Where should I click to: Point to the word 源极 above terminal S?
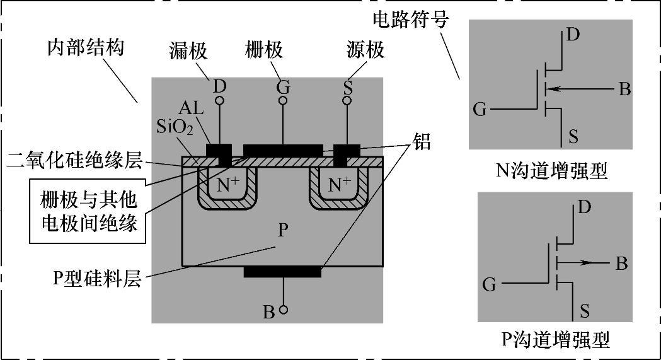(365, 51)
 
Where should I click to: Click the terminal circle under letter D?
(219, 100)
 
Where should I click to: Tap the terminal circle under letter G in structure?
(283, 100)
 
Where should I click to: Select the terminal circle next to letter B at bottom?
(284, 310)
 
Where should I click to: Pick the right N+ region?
(340, 184)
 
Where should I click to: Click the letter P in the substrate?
(284, 229)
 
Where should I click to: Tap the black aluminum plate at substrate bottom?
(282, 272)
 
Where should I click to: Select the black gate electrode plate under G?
(282, 149)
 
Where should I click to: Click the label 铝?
(422, 142)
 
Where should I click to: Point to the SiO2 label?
(172, 128)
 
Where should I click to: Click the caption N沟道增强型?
(552, 170)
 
